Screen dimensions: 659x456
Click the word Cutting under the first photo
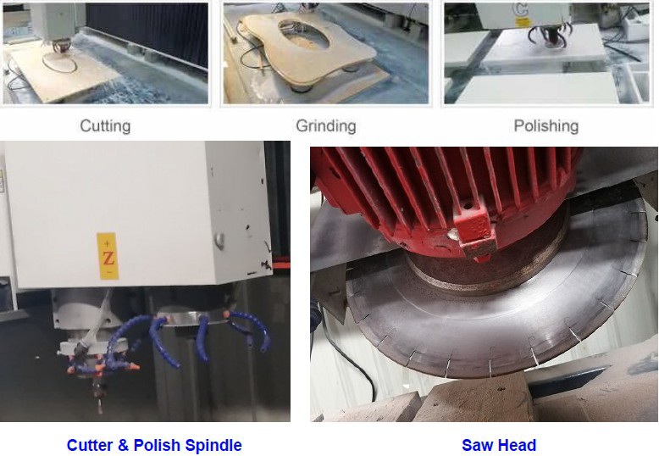(105, 125)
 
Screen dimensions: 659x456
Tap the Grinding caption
(326, 125)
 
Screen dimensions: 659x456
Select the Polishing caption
(546, 125)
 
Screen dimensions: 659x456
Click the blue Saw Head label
(499, 445)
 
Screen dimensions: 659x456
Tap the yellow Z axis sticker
(108, 256)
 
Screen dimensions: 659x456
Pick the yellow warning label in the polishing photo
(522, 22)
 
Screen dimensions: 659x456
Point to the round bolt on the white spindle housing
(219, 240)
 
